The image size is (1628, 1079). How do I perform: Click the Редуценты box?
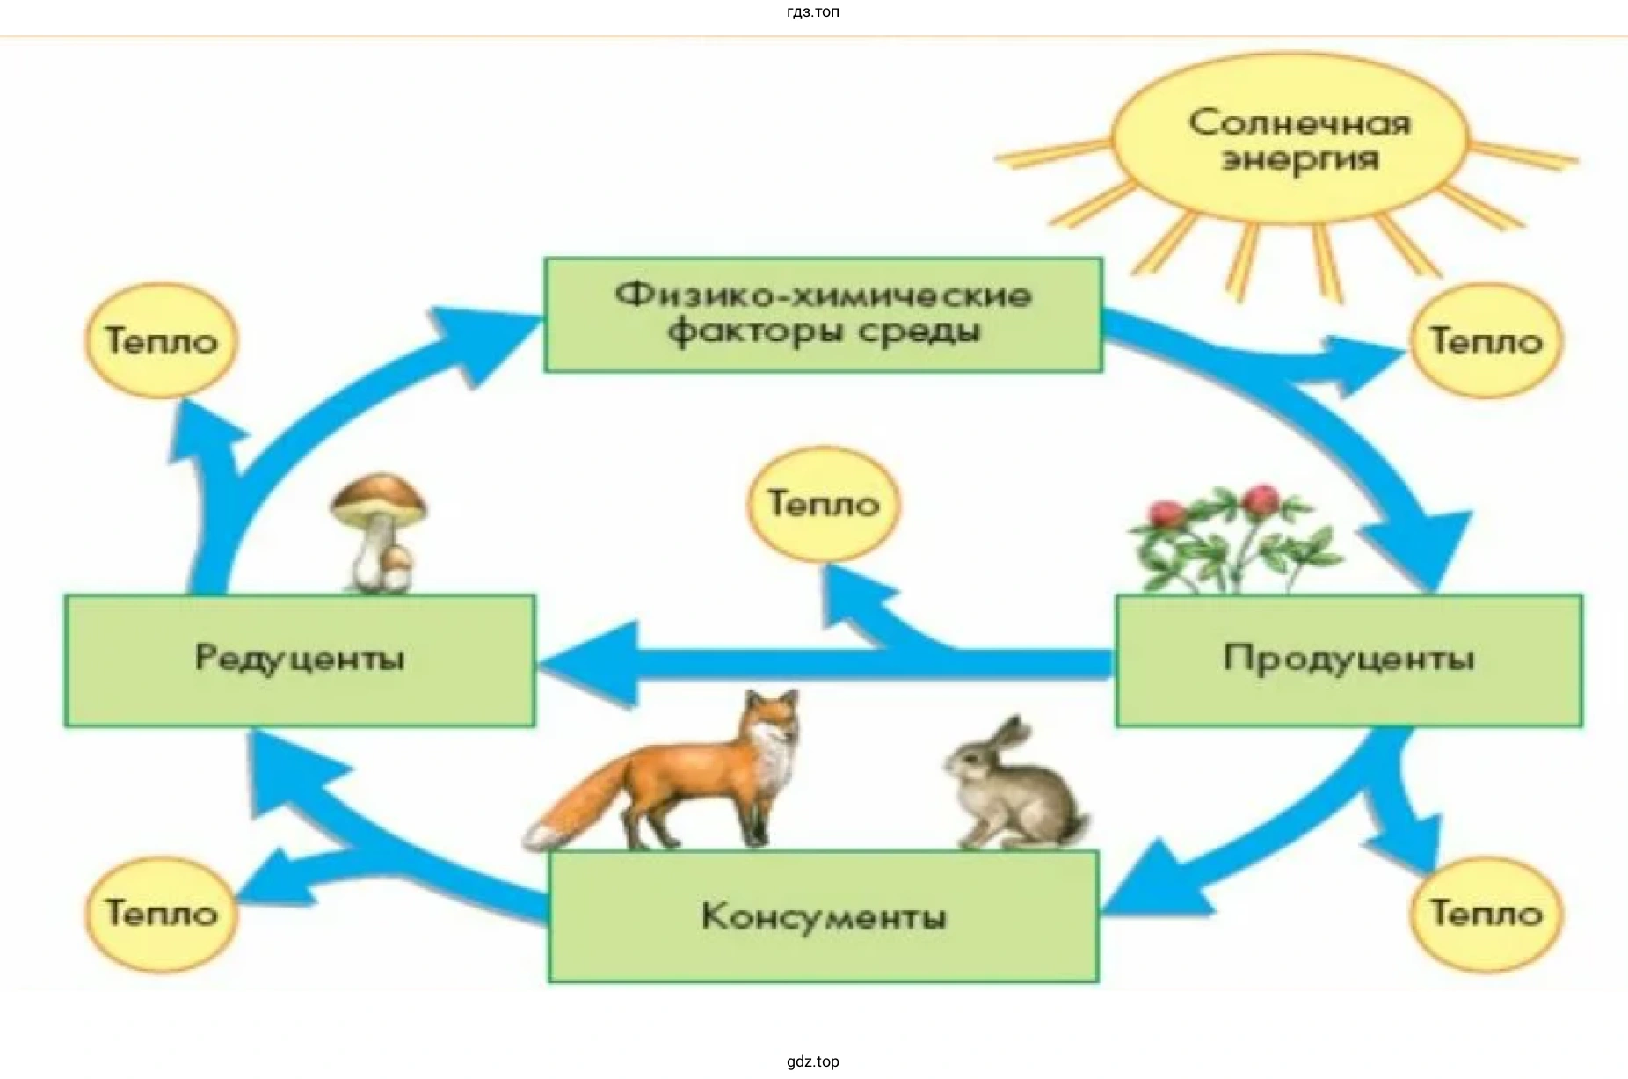[x=299, y=660]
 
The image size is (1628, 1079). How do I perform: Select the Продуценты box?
[x=1348, y=660]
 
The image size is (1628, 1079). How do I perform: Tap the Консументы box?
[x=824, y=915]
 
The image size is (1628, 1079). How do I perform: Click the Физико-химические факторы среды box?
[x=823, y=314]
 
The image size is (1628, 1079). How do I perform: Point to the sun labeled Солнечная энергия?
[x=1290, y=139]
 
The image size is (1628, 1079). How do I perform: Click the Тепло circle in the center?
[x=824, y=503]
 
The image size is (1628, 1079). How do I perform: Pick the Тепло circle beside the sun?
[x=1486, y=340]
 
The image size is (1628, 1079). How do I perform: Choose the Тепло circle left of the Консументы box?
[x=162, y=913]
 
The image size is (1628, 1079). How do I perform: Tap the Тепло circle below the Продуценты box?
[x=1486, y=913]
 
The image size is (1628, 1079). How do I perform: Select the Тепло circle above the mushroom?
[x=162, y=340]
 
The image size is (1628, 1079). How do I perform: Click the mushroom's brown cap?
[x=380, y=498]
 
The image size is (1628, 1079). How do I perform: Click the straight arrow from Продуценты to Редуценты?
[x=791, y=664]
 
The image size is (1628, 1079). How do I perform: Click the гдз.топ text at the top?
[x=813, y=11]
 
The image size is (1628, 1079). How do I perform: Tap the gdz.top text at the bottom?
[x=813, y=1061]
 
